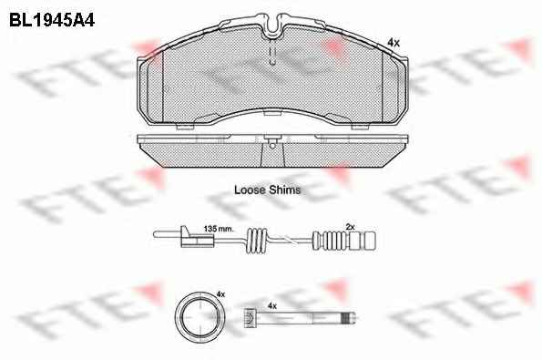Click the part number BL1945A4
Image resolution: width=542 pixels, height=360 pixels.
coord(52,20)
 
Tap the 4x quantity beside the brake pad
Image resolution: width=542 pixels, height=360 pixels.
coord(394,43)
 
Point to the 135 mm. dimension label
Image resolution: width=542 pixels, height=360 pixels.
coord(219,229)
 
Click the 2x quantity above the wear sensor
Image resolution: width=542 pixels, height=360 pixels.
coord(350,227)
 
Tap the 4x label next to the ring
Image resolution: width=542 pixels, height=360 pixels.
coord(220,294)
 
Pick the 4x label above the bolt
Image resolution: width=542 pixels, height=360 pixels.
coord(272,305)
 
